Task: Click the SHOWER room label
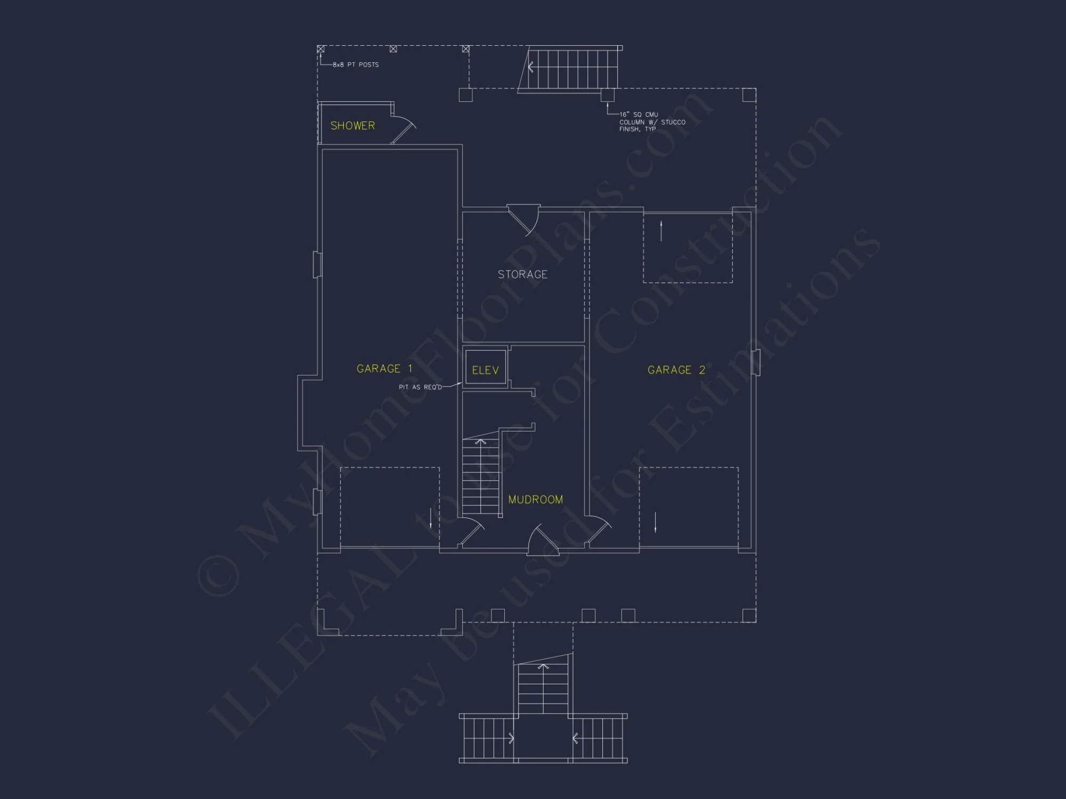[x=352, y=126]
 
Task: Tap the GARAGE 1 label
[x=384, y=369]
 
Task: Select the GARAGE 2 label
[x=676, y=370]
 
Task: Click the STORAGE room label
[x=522, y=274]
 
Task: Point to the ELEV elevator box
[x=485, y=369]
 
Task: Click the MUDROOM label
[x=535, y=500]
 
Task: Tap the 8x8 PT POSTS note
[x=356, y=64]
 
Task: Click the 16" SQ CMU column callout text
[x=651, y=122]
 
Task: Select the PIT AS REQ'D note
[x=420, y=387]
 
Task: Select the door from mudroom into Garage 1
[x=472, y=532]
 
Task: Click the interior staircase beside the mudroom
[x=481, y=477]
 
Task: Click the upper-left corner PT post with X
[x=321, y=49]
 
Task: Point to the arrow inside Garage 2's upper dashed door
[x=661, y=231]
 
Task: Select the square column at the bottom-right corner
[x=749, y=615]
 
